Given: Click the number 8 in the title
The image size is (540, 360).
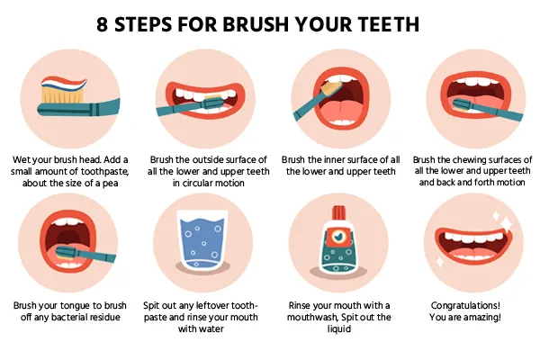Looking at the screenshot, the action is tap(102, 24).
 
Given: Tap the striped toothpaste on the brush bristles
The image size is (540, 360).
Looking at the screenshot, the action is tap(64, 83).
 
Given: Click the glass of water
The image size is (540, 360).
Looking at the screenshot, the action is tap(202, 240).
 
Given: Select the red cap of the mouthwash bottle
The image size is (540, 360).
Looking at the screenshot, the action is tap(339, 213).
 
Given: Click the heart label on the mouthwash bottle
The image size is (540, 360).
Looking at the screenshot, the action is tap(339, 236).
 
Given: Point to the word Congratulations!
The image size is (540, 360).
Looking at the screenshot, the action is tap(465, 306).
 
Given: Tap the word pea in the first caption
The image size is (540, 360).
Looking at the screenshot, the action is tap(110, 184).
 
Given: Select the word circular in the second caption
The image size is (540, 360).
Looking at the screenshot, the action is tap(198, 183).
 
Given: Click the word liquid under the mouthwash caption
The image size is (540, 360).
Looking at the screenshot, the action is tap(339, 329).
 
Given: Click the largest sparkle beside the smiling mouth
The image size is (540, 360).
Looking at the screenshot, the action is tap(506, 224).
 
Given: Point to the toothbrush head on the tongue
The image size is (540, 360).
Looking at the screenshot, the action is tap(68, 253).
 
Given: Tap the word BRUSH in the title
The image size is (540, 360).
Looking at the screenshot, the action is tap(256, 24).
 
